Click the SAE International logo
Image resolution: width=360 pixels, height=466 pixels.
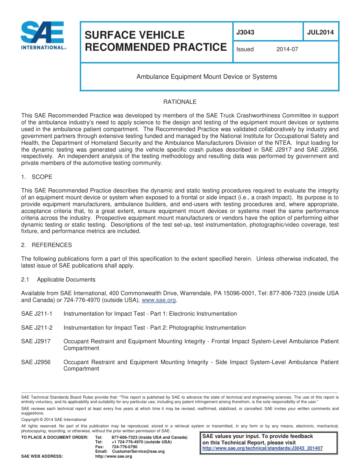coord(43,36)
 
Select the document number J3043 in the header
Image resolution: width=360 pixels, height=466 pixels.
coord(245,33)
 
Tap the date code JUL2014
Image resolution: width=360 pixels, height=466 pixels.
coord(320,33)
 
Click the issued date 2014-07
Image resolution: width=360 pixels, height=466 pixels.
coord(287,49)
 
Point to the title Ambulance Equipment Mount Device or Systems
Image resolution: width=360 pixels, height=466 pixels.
coord(207,77)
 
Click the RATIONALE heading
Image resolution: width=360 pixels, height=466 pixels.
coord(180,102)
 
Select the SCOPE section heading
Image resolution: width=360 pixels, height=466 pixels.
coord(42,177)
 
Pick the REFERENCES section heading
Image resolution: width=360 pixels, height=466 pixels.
coord(52,245)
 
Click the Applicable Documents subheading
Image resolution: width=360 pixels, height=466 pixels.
coord(66,280)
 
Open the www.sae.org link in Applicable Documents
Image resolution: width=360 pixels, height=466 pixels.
coord(159,300)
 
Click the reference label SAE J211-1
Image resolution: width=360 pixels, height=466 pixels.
coord(37,314)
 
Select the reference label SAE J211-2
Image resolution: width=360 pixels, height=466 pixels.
coord(37,328)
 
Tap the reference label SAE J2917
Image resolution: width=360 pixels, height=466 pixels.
coord(36,342)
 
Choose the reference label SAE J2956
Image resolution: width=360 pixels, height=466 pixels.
coord(36,362)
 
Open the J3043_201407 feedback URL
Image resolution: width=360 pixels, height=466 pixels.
coord(263,448)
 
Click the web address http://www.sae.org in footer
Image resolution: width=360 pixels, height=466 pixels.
coord(113,457)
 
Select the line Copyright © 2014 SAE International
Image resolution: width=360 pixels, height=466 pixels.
coord(54,419)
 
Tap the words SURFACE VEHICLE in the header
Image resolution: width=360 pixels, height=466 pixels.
coord(135,35)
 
